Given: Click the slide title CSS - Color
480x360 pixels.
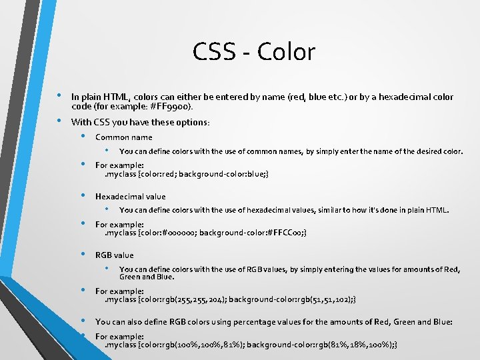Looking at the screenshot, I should pyautogui.click(x=254, y=52).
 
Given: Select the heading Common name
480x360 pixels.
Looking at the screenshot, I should pyautogui.click(x=123, y=137).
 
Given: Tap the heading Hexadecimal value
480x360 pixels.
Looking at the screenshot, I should pyautogui.click(x=131, y=197).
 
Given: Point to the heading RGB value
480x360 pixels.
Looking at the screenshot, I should pyautogui.click(x=115, y=255).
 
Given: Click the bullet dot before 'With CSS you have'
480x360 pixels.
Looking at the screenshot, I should pyautogui.click(x=60, y=121).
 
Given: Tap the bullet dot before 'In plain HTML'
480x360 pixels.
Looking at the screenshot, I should pyautogui.click(x=60, y=95).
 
